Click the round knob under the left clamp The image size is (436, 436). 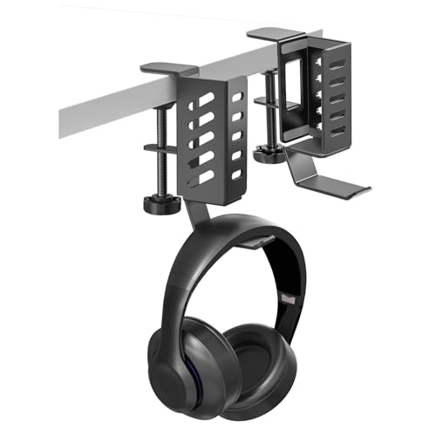(x=160, y=205)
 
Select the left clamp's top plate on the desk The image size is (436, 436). (x=169, y=67)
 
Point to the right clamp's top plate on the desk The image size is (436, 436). (x=275, y=35)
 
